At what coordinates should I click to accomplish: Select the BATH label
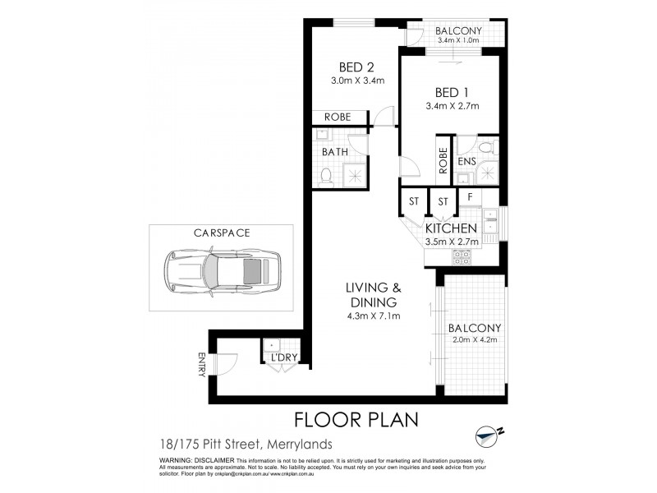(334, 152)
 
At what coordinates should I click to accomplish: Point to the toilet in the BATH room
(325, 175)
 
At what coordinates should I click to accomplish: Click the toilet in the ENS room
(486, 149)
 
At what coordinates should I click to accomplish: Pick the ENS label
(467, 162)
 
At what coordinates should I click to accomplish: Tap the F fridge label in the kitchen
(469, 198)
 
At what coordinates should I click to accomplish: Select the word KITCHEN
(451, 228)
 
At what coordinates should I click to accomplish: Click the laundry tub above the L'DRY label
(273, 345)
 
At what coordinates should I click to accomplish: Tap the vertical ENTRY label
(201, 364)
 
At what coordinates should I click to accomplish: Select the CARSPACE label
(222, 233)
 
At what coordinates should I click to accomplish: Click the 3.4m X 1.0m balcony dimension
(459, 39)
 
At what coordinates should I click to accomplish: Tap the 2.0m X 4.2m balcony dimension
(474, 343)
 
